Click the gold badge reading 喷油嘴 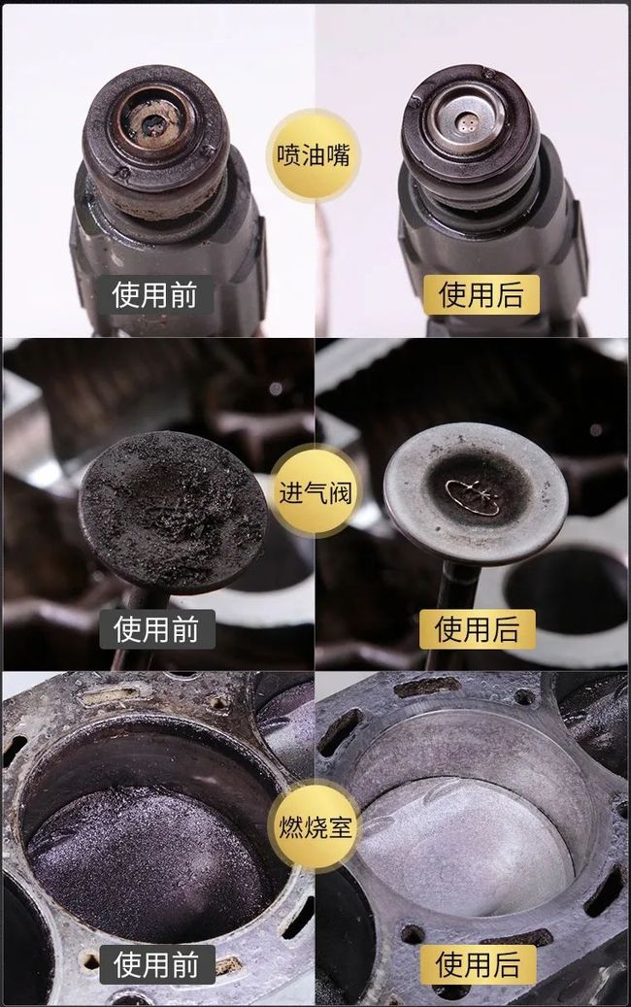tap(314, 155)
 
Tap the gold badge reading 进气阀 tap(315, 493)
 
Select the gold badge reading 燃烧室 tap(315, 826)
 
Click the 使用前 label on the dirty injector tap(154, 295)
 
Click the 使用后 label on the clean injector tap(481, 295)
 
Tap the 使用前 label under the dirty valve tap(156, 628)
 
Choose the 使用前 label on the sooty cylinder tap(156, 964)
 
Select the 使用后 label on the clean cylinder tap(479, 964)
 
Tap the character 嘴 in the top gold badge tap(338, 155)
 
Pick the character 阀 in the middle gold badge tap(340, 493)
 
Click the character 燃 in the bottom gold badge tap(290, 826)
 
